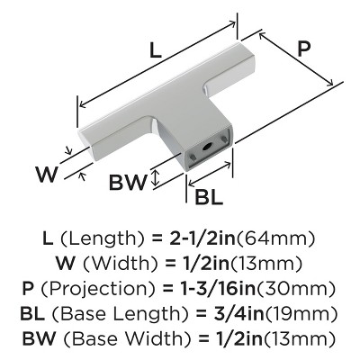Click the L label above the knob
(156, 50)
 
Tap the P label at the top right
(303, 49)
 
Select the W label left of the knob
(46, 175)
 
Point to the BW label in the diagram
(128, 182)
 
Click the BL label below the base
(209, 197)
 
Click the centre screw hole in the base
(207, 148)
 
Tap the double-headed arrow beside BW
(155, 177)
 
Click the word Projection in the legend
(98, 290)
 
